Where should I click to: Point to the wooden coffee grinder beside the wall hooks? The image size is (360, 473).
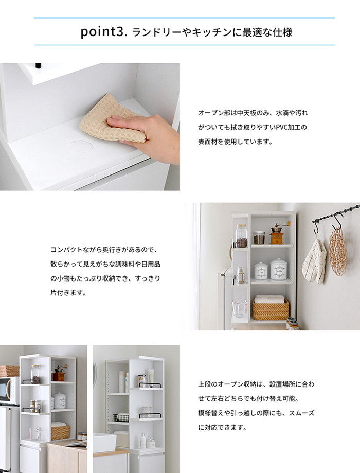tap(277, 234)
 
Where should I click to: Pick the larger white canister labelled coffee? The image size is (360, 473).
tap(278, 269)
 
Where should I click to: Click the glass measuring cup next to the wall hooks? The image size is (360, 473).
tap(239, 308)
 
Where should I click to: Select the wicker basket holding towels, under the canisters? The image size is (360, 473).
tap(270, 309)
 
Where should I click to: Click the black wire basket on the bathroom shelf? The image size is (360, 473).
tap(121, 417)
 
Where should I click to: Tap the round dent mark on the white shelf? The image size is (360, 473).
tap(81, 146)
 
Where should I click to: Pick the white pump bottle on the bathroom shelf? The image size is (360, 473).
tap(142, 441)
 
